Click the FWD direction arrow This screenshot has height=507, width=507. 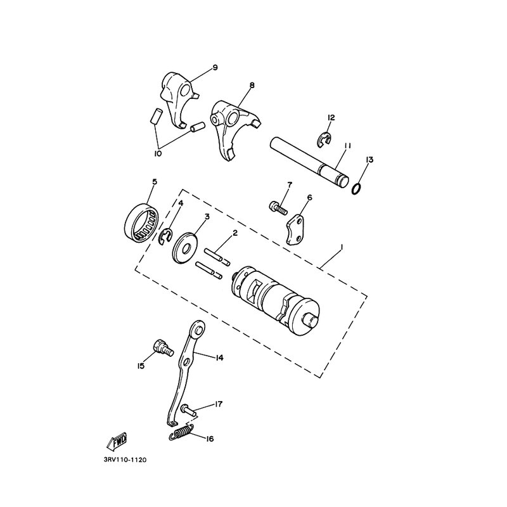[117, 441]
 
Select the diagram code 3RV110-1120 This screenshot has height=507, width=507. [125, 459]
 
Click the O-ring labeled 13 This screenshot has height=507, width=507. [356, 189]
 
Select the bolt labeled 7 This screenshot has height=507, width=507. [278, 208]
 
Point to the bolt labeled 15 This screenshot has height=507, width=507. [163, 349]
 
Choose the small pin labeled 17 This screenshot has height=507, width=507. [188, 409]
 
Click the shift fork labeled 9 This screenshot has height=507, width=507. [179, 100]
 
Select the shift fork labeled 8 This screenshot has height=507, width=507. [235, 130]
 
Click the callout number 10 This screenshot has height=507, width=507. [158, 153]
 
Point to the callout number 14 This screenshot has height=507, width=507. [219, 357]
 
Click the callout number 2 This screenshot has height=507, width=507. [235, 233]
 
